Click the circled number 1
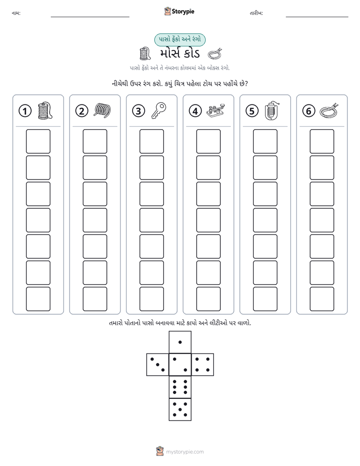25,111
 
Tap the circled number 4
195,111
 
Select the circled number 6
309,111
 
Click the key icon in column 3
159,110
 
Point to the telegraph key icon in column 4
216,111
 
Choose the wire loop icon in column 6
329,110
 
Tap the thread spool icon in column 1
45,110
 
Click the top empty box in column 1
38,141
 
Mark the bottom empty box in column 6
322,299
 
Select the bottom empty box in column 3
151,299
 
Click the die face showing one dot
180,342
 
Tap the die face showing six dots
180,387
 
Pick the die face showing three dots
158,365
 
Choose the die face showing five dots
180,410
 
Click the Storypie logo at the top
179,11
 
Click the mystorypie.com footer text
185,452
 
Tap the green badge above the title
179,39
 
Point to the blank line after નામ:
90,17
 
